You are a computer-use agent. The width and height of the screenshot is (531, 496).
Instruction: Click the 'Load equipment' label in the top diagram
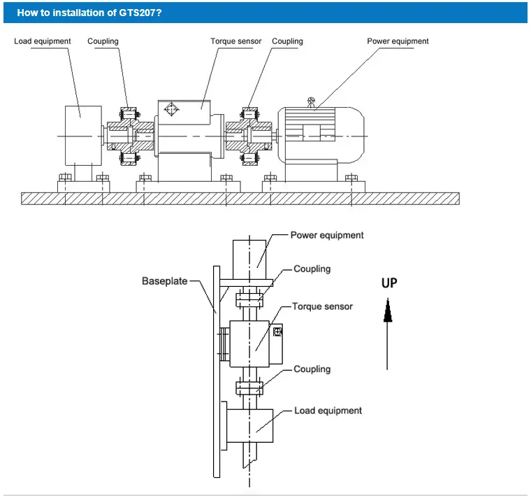point(43,41)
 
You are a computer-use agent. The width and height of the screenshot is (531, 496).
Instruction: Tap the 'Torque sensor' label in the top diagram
point(236,41)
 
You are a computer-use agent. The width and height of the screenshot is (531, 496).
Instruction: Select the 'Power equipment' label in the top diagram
point(398,41)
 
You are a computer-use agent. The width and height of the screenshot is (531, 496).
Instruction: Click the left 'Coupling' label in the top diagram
point(103,41)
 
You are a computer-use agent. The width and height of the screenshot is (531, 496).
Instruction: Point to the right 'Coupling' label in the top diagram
point(287,41)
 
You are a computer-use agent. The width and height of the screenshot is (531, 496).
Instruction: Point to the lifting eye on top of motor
point(312,100)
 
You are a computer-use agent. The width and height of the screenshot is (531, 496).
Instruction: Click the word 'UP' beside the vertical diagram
point(388,283)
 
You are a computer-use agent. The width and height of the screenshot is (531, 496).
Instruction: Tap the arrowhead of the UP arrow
point(388,310)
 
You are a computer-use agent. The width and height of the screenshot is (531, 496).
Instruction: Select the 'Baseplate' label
point(165,281)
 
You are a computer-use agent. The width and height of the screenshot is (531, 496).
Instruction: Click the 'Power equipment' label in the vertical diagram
point(327,235)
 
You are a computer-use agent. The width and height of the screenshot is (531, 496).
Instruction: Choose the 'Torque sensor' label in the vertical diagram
point(322,306)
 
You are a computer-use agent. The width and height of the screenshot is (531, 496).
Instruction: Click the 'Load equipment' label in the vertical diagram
point(328,411)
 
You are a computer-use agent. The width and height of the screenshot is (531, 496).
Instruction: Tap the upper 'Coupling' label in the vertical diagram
point(312,269)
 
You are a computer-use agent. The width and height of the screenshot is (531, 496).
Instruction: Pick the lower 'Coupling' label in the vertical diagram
point(312,369)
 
